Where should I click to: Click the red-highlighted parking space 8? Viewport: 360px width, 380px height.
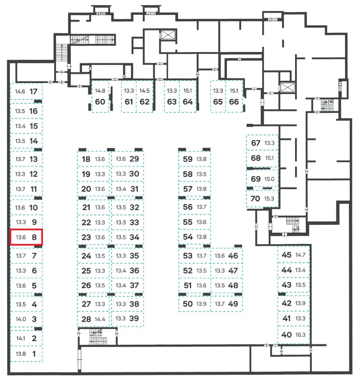pyautogui.click(x=26, y=237)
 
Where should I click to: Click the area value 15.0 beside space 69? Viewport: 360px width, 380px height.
pyautogui.click(x=269, y=179)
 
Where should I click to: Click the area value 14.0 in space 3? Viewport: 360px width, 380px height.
pyautogui.click(x=20, y=319)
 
